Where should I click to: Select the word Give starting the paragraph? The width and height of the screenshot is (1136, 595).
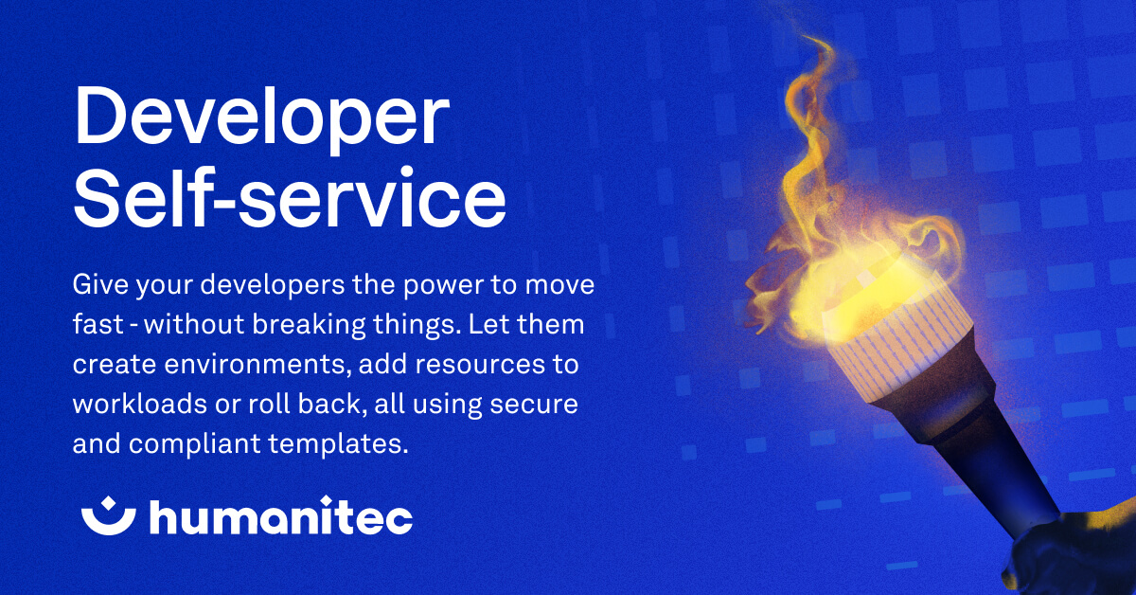(98, 285)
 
